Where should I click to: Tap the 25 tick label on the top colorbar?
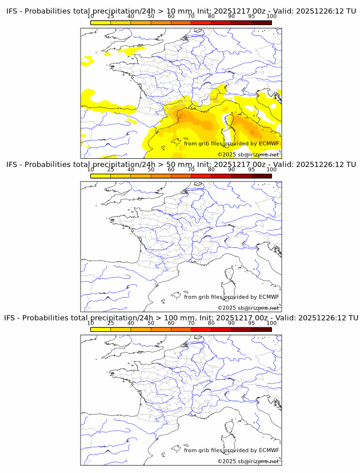click(111, 17)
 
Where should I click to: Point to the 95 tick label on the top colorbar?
click(251, 17)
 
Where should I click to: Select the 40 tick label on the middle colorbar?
click(131, 170)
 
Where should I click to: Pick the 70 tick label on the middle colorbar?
click(191, 170)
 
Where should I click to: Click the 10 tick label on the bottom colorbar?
click(90, 323)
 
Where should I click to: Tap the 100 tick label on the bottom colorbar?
click(271, 323)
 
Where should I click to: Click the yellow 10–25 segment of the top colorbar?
click(101, 23)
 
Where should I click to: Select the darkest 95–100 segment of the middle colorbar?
click(261, 176)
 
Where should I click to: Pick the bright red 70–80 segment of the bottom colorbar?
click(201, 329)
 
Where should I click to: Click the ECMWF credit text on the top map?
click(231, 143)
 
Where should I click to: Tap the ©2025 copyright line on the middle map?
click(248, 308)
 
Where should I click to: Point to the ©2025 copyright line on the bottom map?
click(248, 461)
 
